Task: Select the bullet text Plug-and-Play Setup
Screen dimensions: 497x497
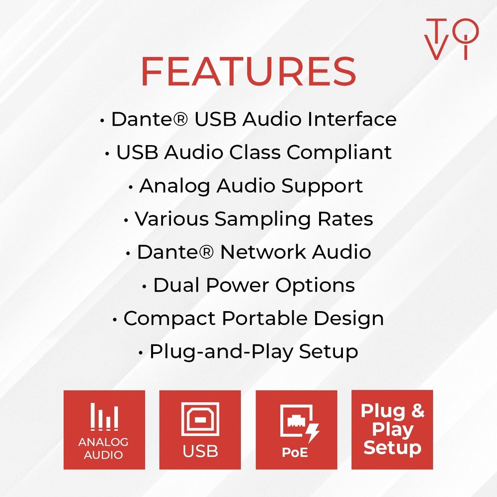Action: click(253, 352)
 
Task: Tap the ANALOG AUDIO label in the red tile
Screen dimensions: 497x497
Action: click(104, 448)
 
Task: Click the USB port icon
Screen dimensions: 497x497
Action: click(200, 419)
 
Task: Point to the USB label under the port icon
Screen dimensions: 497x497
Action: click(200, 451)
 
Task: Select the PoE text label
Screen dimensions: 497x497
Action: click(295, 453)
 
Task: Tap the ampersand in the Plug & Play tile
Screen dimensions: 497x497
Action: click(417, 412)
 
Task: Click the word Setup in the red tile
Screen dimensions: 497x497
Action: click(392, 448)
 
